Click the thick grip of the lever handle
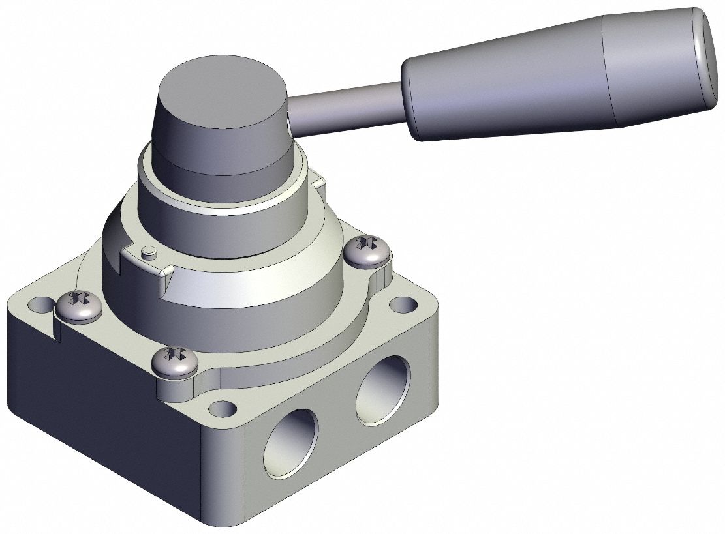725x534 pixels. click(522, 85)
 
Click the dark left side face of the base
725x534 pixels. click(98, 404)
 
